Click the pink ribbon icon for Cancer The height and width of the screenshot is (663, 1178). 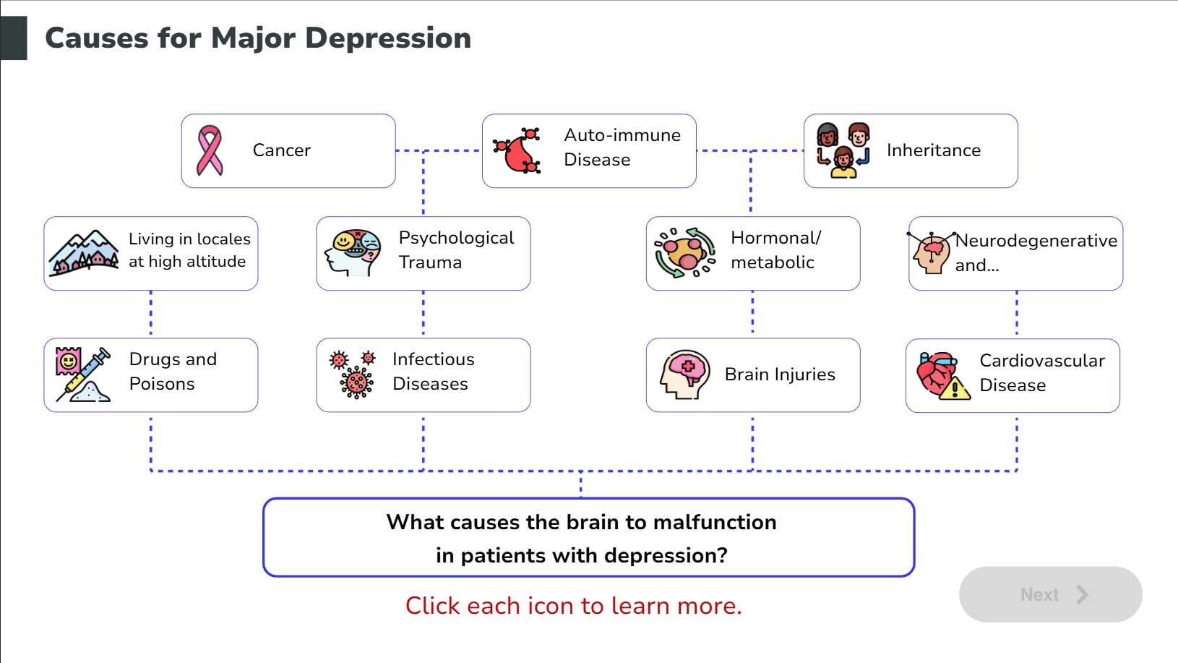coord(210,150)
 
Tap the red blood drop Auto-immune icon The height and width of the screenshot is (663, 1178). coord(517,151)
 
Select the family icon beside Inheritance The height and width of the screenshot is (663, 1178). coord(843,150)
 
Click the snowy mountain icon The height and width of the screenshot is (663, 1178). coord(84,253)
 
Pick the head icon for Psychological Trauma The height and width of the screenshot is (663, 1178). coord(353,253)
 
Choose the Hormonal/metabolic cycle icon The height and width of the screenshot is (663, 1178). coord(684,253)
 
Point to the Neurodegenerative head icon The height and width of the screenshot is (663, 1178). coord(931,252)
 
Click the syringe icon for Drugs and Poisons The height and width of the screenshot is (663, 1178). coord(84,375)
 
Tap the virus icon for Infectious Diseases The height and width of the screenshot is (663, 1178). coord(353,375)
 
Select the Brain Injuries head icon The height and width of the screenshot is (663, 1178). coord(684,375)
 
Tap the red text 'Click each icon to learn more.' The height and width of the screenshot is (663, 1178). coord(573,606)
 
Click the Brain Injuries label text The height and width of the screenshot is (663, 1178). coord(780,375)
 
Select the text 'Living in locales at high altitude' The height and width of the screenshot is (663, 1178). coord(189,250)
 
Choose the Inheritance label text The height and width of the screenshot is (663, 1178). coord(934,150)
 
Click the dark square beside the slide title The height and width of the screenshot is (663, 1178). coord(14,38)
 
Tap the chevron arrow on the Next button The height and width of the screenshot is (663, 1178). coord(1082,594)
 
